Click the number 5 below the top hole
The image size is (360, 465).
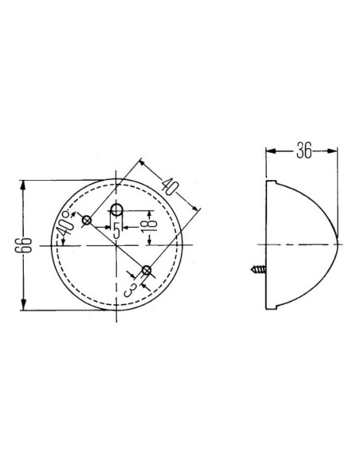(115, 232)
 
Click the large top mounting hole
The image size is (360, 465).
(116, 210)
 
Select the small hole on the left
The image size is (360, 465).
(88, 219)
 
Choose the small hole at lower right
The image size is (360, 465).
(146, 273)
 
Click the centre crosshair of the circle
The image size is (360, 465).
(116, 244)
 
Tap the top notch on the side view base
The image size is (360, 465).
(269, 184)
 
